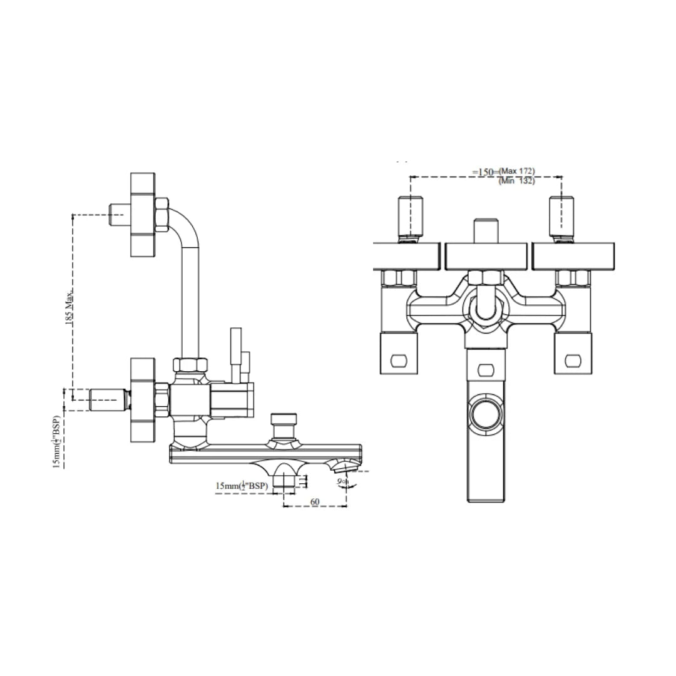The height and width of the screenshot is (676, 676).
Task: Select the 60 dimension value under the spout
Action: (314, 502)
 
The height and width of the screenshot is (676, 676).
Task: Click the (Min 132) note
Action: (516, 182)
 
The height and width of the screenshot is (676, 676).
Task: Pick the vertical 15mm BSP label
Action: (57, 441)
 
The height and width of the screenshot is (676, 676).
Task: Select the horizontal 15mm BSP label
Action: (242, 486)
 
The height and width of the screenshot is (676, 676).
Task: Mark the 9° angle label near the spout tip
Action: (341, 481)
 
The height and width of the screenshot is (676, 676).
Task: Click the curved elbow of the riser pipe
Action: (183, 228)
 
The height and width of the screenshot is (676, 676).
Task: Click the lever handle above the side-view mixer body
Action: (236, 354)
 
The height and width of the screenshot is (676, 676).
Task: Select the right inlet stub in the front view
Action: (561, 217)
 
